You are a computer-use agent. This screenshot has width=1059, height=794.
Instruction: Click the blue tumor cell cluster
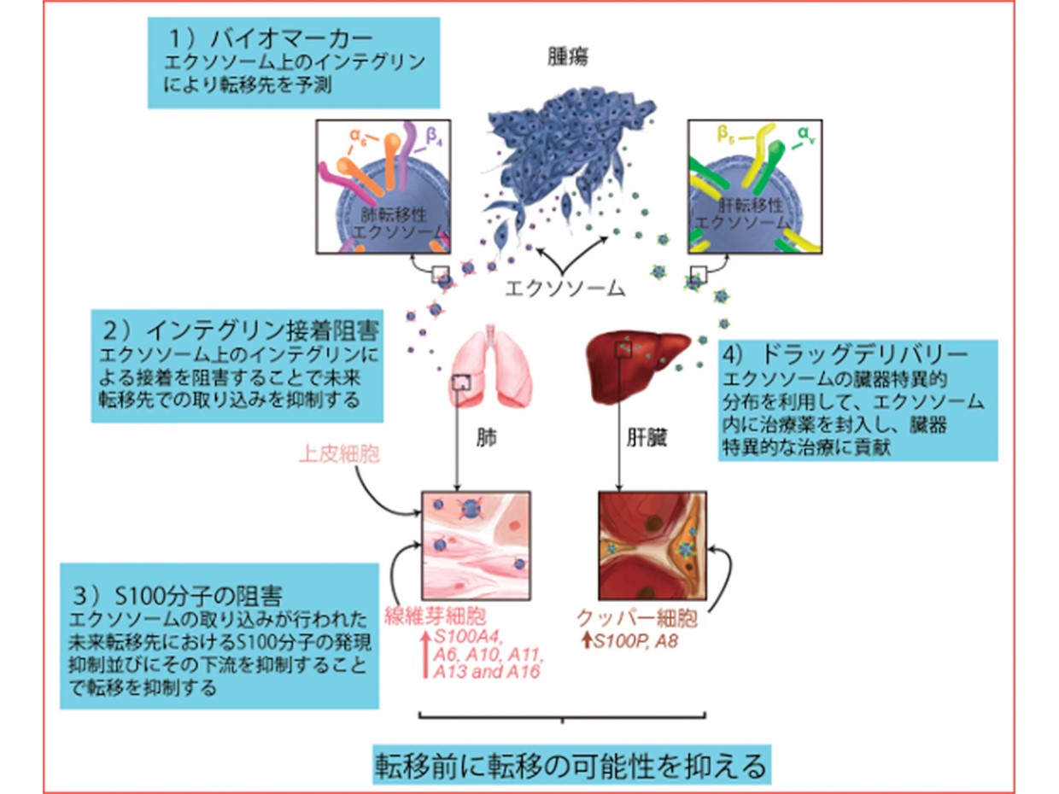click(x=568, y=154)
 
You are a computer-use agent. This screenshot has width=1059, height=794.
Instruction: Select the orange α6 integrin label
click(x=360, y=136)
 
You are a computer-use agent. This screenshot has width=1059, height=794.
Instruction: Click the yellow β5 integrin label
click(x=725, y=135)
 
